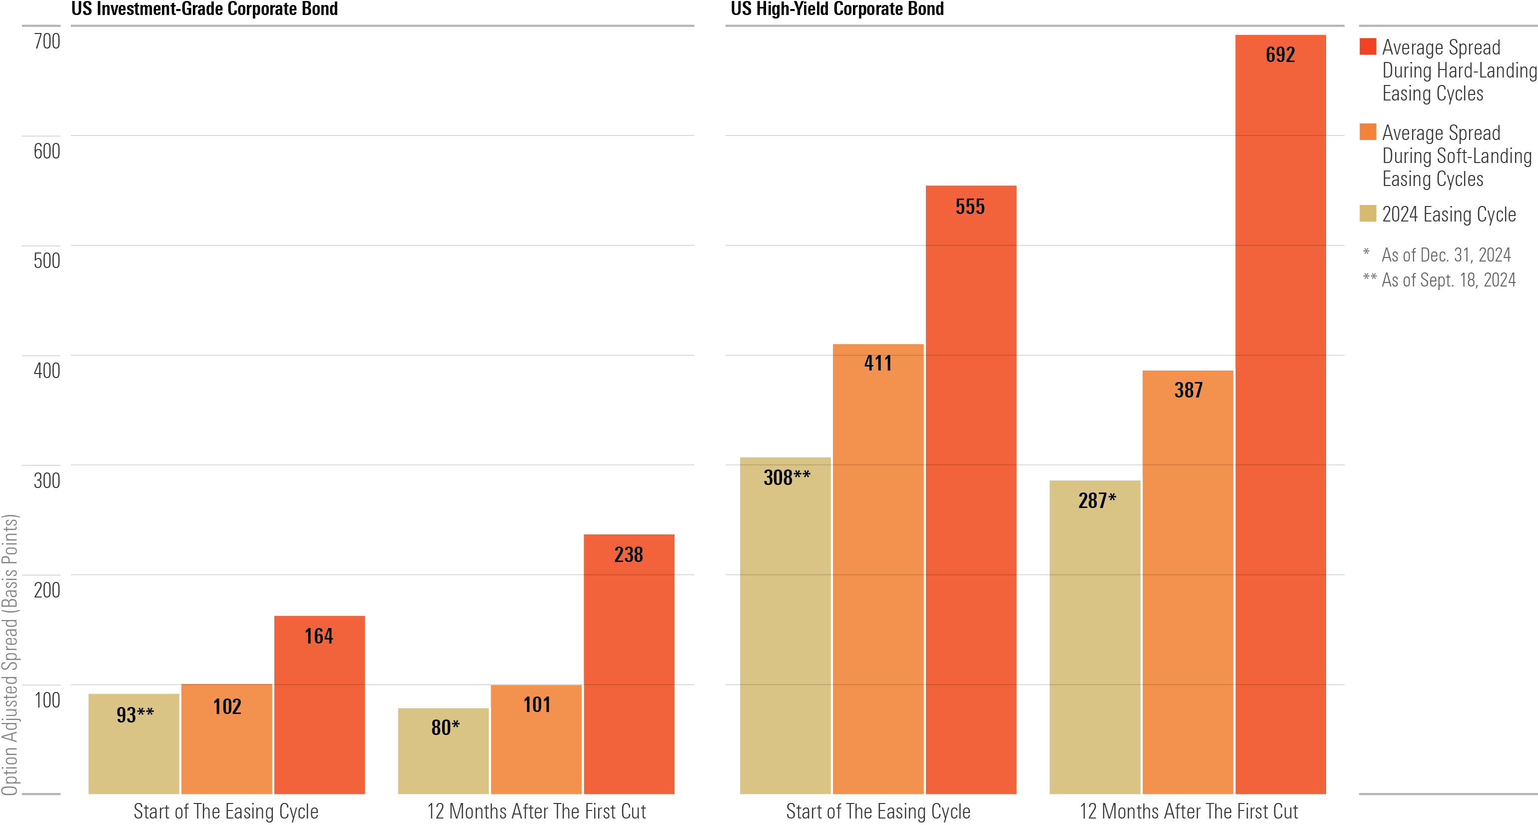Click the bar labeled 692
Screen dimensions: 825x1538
pos(1280,418)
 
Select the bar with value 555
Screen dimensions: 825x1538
pos(971,490)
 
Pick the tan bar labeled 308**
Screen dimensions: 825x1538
pos(784,627)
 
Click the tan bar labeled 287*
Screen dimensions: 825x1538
pos(1094,639)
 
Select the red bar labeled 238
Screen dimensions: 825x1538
pos(629,663)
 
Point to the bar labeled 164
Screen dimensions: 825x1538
pos(319,705)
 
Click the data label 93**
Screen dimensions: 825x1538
pos(135,714)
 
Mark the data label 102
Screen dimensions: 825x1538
pos(227,706)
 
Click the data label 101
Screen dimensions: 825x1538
pos(537,705)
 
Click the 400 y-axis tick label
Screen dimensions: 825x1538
pos(46,371)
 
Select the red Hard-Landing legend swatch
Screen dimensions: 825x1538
pos(1367,46)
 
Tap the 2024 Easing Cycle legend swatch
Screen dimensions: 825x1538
pos(1367,213)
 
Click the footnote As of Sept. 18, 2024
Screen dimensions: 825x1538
pos(1448,279)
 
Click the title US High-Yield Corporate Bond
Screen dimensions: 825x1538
pos(837,9)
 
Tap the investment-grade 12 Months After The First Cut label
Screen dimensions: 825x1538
pos(536,811)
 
